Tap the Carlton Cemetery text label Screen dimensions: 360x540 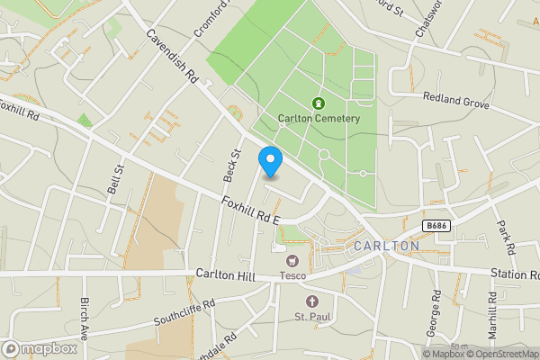coord(319,119)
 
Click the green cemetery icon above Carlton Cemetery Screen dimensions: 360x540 coord(318,103)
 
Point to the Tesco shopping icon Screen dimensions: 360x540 coord(291,260)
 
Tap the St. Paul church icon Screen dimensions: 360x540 coord(312,301)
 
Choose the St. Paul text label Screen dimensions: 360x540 coord(312,316)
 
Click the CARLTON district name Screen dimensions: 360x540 coord(387,246)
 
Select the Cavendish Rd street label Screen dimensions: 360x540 coord(171,58)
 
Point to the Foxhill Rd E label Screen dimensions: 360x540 coord(251,212)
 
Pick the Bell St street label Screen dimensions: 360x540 coord(116,167)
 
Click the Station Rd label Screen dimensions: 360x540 coord(515,274)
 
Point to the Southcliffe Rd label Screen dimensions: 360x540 coord(184,311)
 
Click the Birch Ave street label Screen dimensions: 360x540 coord(85,317)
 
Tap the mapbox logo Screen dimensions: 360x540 coord(40,348)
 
